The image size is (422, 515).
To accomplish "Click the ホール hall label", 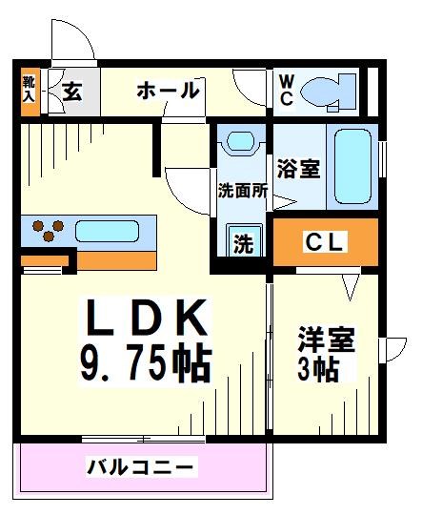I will [168, 92].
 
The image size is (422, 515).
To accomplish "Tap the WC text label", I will [286, 91].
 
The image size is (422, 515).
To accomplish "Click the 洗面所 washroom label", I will [242, 190].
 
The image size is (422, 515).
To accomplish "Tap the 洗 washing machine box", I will [244, 242].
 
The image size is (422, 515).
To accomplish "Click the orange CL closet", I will [325, 241].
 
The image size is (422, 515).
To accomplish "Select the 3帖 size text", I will [318, 369].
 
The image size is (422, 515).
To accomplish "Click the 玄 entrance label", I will [72, 92].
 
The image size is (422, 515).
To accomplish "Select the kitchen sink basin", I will [107, 232].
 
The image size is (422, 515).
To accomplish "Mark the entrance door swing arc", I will [72, 43].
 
